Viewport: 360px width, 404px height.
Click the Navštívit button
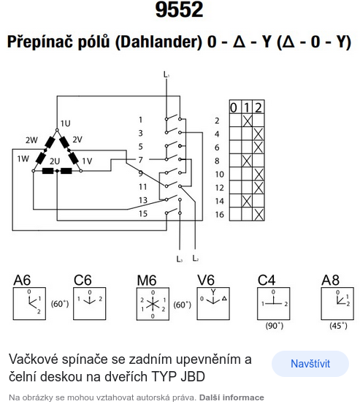point(310,364)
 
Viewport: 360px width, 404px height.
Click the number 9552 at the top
point(179,9)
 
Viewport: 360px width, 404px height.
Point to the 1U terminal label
point(66,123)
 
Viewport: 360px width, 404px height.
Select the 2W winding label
point(31,140)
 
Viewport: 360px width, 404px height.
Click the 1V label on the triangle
point(87,161)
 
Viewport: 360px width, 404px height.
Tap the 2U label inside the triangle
point(55,161)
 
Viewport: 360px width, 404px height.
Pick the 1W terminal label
point(23,159)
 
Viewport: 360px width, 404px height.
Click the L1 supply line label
point(166,75)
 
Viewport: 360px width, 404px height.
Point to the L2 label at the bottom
point(196,258)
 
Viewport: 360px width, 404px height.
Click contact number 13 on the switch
point(143,200)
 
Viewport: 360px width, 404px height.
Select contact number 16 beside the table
point(219,214)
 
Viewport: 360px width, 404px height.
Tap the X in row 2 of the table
point(248,121)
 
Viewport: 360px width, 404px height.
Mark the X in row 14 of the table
point(247,201)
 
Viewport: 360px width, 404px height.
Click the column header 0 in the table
point(234,107)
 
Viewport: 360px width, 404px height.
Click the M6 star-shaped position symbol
point(153,304)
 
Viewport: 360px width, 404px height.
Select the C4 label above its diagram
point(267,280)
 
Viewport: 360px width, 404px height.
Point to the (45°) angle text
point(338,326)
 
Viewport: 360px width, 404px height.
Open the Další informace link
point(231,397)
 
